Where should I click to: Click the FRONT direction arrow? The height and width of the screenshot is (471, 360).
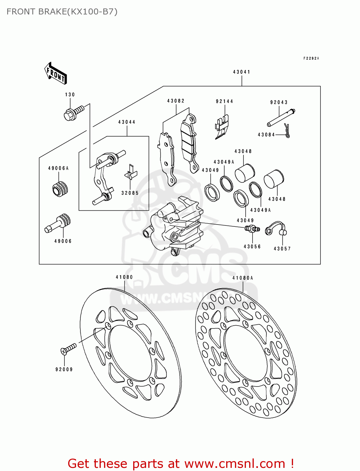click(x=55, y=73)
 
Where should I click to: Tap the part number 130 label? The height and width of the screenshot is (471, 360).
click(x=70, y=95)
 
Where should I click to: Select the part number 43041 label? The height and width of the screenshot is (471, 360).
click(x=242, y=72)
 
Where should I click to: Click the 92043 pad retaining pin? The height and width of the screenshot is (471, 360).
click(x=281, y=117)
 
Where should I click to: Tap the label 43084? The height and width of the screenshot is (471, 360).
click(x=266, y=135)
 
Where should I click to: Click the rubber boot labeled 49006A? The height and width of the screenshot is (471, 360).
click(x=60, y=189)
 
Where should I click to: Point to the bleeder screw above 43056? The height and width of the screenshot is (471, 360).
click(x=252, y=229)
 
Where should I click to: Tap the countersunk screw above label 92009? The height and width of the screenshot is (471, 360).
click(x=68, y=349)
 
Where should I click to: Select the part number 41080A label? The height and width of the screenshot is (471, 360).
click(x=243, y=278)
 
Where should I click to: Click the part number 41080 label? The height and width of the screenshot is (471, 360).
click(x=124, y=277)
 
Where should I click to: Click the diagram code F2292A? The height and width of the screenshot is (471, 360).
click(x=311, y=58)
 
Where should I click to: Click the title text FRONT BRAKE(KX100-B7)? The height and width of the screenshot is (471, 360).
click(x=62, y=12)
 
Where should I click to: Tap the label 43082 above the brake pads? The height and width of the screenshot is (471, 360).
click(x=176, y=101)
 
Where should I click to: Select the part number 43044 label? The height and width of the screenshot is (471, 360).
click(x=127, y=122)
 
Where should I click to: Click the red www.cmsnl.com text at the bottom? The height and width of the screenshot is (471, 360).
click(x=235, y=464)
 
